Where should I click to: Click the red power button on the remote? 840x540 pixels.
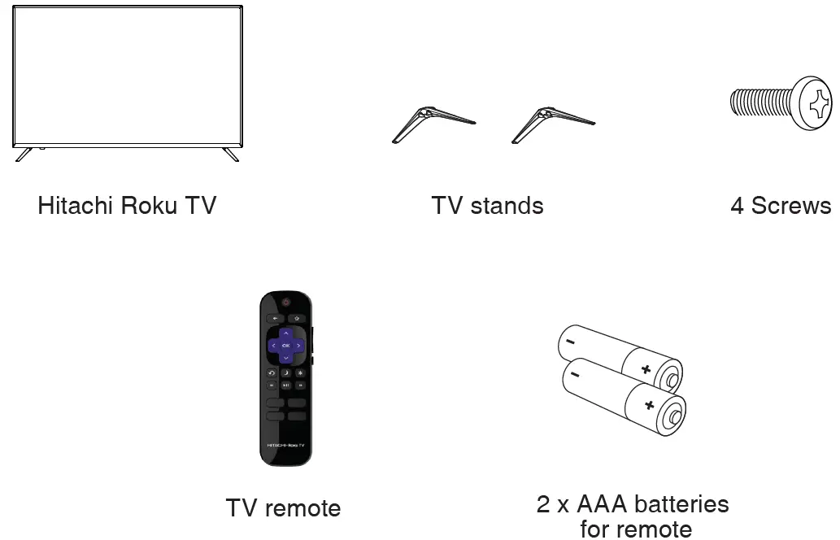pyautogui.click(x=285, y=303)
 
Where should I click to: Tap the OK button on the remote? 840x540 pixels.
pyautogui.click(x=285, y=346)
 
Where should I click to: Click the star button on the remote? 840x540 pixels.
pyautogui.click(x=300, y=373)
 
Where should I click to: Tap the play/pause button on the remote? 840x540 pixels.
pyautogui.click(x=285, y=385)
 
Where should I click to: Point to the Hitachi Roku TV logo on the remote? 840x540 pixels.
pyautogui.click(x=285, y=446)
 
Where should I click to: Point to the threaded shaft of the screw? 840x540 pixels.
pyautogui.click(x=761, y=102)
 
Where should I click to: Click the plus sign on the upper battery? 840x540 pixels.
pyautogui.click(x=646, y=370)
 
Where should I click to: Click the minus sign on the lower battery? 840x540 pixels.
pyautogui.click(x=575, y=375)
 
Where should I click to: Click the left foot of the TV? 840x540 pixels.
pyautogui.click(x=24, y=154)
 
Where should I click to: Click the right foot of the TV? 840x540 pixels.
pyautogui.click(x=231, y=154)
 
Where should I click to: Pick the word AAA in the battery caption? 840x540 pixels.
pyautogui.click(x=603, y=505)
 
